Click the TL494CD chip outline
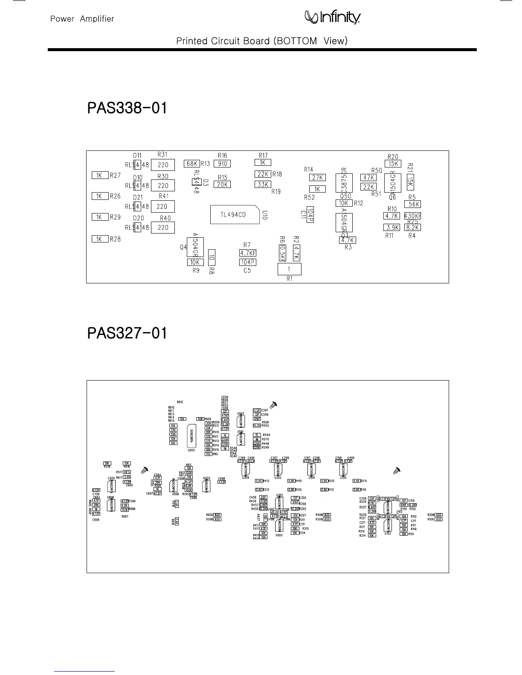[235, 214]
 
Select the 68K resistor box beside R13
[192, 164]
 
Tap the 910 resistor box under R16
[222, 164]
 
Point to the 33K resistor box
[263, 185]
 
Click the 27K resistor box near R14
[317, 178]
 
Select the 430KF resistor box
[412, 216]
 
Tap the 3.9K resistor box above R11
[392, 228]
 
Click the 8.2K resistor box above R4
[412, 228]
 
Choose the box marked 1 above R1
[289, 269]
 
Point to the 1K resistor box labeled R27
[99, 175]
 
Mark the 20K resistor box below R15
[222, 185]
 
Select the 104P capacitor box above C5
[248, 262]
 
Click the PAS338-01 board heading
[127, 108]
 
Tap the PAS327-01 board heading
[127, 333]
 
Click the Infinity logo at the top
[332, 17]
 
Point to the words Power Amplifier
[82, 19]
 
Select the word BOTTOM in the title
[296, 41]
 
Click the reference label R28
[115, 239]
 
